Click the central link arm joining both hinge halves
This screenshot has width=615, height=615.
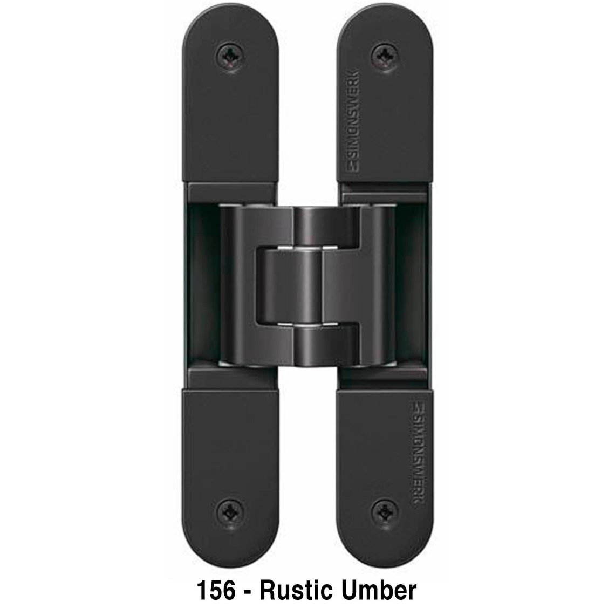point(307,286)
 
